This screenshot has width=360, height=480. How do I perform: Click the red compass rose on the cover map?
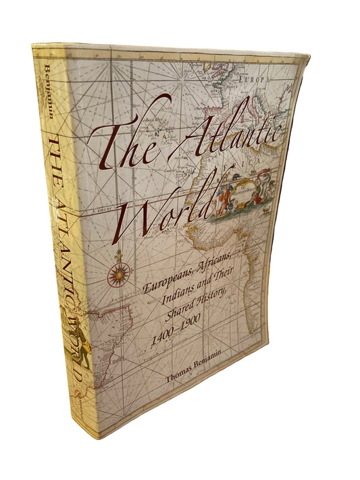(x=120, y=273)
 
